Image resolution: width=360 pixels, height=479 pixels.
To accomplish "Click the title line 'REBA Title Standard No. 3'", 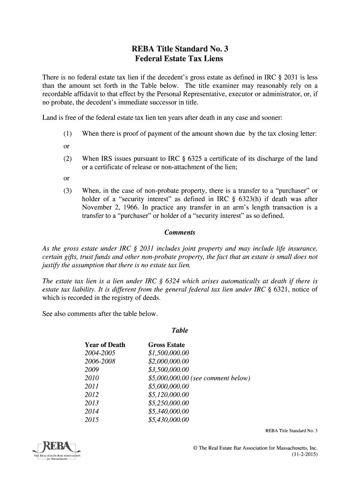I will coord(180,49).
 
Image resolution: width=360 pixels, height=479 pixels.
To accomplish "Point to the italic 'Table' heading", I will coord(180,330).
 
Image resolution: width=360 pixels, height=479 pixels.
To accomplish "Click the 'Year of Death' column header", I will coord(105,345).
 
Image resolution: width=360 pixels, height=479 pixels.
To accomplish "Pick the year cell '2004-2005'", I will coord(99,353).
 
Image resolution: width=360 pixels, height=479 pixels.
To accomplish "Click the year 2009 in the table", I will coord(92,370).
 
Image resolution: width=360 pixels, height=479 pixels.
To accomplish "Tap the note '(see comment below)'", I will coord(221,378).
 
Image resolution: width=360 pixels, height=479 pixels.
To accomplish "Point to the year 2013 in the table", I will coord(92,403).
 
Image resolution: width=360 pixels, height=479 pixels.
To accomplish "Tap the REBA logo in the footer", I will coord(56,450).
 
